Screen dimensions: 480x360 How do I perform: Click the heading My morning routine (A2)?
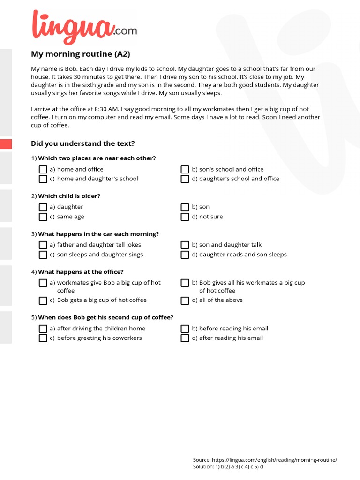(80, 54)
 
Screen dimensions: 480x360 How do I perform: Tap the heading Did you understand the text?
(82, 143)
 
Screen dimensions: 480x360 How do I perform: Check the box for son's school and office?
(185, 169)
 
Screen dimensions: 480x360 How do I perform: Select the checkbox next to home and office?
(43, 169)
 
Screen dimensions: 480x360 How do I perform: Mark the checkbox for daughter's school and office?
(185, 179)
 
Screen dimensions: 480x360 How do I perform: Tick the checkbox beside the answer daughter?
(43, 207)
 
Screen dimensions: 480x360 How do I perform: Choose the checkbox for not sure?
(185, 217)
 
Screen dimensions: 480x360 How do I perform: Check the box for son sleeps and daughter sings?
(43, 255)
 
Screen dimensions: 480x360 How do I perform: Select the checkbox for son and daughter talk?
(185, 245)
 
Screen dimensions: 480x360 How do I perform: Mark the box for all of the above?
(185, 300)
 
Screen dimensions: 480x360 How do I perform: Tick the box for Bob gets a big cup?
(43, 300)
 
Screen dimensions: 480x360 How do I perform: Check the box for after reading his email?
(185, 338)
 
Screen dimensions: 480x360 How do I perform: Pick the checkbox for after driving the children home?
(43, 329)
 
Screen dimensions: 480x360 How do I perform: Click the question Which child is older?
(69, 196)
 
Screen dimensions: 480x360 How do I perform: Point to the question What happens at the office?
(81, 272)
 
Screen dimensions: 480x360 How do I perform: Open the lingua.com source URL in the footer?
(274, 460)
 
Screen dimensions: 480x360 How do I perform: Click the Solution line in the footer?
(228, 467)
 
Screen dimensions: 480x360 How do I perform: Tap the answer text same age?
(70, 217)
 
